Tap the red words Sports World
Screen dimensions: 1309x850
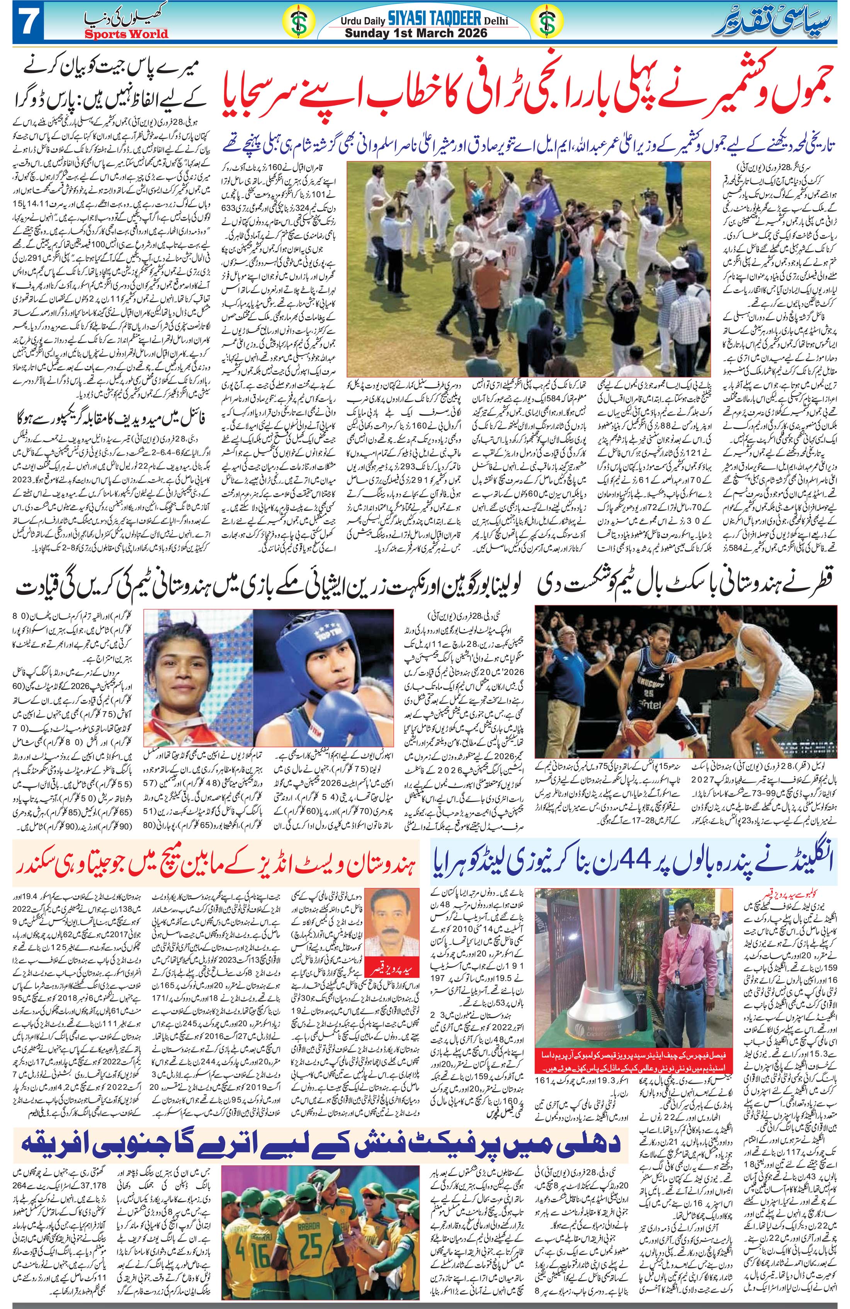tap(126, 34)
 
